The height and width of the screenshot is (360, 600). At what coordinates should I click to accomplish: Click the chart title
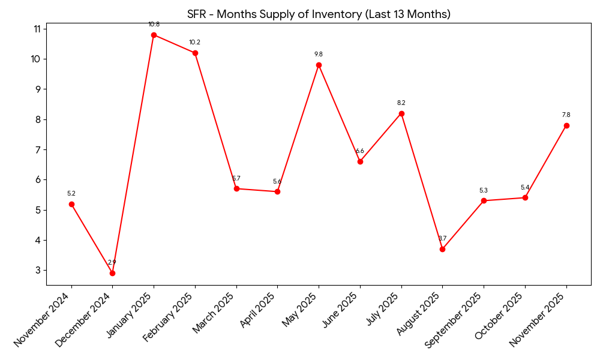tap(319, 14)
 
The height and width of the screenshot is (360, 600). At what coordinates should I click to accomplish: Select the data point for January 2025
tap(154, 35)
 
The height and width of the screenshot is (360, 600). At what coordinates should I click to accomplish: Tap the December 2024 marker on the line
tap(112, 273)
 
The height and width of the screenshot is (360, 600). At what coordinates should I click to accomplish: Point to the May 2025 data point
tap(319, 65)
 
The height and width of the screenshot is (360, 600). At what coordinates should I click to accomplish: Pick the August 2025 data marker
tap(442, 249)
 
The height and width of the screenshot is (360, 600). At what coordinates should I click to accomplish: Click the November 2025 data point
tap(566, 125)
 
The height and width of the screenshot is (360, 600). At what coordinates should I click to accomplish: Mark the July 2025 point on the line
tap(401, 113)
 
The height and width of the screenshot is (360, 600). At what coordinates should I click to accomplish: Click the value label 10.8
tap(154, 25)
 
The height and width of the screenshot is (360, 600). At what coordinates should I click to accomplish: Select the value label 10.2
tap(195, 43)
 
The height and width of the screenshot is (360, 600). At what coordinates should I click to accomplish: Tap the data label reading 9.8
tap(319, 55)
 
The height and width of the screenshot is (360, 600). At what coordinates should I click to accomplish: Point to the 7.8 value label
tap(566, 115)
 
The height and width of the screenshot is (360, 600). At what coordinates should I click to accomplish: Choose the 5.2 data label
tap(71, 194)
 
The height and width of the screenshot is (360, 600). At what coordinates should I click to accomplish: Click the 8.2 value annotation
tap(401, 103)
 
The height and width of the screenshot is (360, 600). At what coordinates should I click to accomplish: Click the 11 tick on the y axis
tap(37, 29)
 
